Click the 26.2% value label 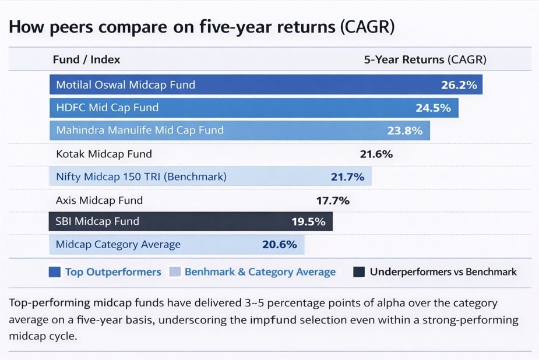pos(459,85)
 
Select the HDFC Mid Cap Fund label pos(107,108)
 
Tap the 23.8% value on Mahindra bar pos(405,130)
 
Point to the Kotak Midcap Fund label pos(104,154)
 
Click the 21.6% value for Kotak pos(376,154)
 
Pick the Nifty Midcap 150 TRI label pos(141,177)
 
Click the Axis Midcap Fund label pos(99,200)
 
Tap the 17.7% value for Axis pos(333,201)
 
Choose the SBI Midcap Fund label pos(97,221)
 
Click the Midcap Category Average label pos(118,245)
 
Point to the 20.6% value pos(280,245)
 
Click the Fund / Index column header pos(86,59)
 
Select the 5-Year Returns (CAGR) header pos(425,59)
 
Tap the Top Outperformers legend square pos(55,272)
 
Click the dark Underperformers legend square pos(359,272)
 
